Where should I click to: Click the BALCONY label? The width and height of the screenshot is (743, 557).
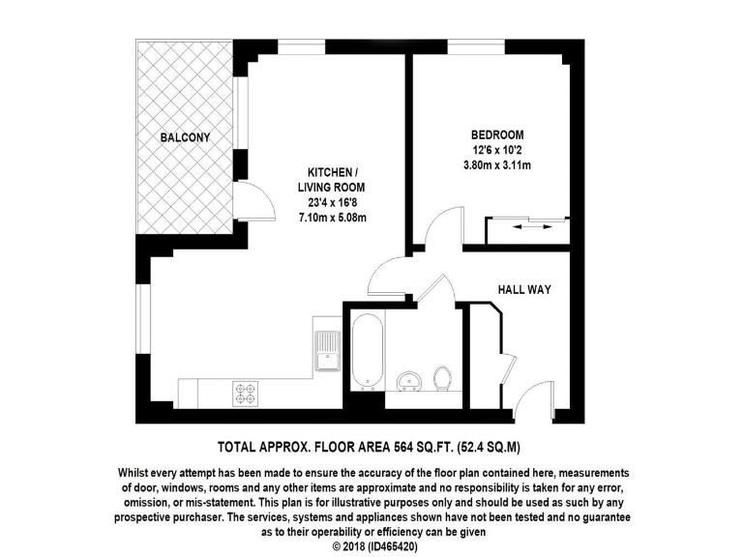[185, 138]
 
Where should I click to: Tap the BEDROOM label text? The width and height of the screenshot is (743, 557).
[497, 134]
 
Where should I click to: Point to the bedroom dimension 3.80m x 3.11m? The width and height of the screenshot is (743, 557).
[497, 164]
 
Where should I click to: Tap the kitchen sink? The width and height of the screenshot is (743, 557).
[326, 349]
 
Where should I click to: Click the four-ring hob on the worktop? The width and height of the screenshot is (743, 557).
[245, 394]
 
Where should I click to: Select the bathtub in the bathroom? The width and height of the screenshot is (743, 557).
[365, 349]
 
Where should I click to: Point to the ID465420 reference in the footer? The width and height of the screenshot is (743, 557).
[397, 546]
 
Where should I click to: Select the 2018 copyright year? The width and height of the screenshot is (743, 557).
[354, 546]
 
